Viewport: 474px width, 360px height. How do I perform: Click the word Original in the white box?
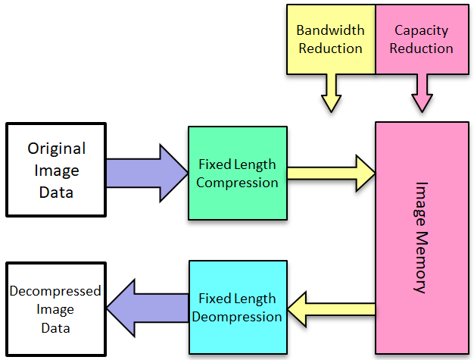pyautogui.click(x=57, y=149)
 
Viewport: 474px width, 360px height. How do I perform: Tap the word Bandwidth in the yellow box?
pyautogui.click(x=330, y=30)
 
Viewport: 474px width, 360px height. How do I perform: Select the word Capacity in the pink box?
pyautogui.click(x=422, y=31)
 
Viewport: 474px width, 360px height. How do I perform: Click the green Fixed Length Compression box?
pyautogui.click(x=238, y=173)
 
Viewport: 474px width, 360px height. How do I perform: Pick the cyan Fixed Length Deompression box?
pyautogui.click(x=238, y=307)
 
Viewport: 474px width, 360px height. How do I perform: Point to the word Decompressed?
pyautogui.click(x=55, y=291)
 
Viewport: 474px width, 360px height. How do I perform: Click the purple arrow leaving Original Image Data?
pyautogui.click(x=147, y=173)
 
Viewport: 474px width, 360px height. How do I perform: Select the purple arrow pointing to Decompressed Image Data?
pyautogui.click(x=148, y=308)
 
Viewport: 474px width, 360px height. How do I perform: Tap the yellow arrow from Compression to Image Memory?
pyautogui.click(x=332, y=174)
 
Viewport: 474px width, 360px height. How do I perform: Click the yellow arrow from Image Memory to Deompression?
pyautogui.click(x=332, y=309)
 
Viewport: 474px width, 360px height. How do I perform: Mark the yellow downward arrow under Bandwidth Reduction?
pyautogui.click(x=332, y=93)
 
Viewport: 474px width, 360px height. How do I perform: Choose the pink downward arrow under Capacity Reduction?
pyautogui.click(x=422, y=93)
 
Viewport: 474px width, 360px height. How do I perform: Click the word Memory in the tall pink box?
pyautogui.click(x=421, y=262)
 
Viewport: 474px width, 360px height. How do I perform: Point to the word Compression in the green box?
pyautogui.click(x=237, y=183)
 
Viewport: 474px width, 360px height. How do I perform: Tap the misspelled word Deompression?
pyautogui.click(x=237, y=317)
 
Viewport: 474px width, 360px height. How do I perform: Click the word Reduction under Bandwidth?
pyautogui.click(x=330, y=49)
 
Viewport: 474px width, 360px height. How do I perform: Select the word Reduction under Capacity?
pyautogui.click(x=422, y=49)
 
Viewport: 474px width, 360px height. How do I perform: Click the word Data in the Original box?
pyautogui.click(x=56, y=193)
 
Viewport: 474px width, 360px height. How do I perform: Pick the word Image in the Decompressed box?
pyautogui.click(x=55, y=310)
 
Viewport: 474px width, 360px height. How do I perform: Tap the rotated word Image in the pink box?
pyautogui.click(x=421, y=204)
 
